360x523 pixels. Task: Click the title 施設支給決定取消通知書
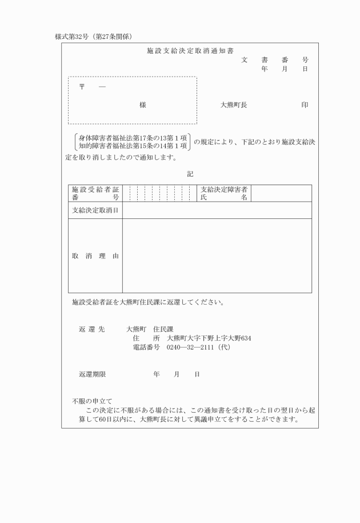pyautogui.click(x=190, y=51)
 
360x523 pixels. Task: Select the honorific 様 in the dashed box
pyautogui.click(x=143, y=105)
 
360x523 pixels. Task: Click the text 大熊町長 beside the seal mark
pyautogui.click(x=234, y=105)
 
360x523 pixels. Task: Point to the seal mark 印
pyautogui.click(x=305, y=105)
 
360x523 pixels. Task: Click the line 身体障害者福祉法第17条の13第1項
pyautogui.click(x=133, y=138)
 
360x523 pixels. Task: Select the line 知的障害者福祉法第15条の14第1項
pyautogui.click(x=133, y=146)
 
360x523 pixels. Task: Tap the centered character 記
pyautogui.click(x=190, y=174)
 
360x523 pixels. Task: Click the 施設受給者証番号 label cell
pyautogui.click(x=95, y=193)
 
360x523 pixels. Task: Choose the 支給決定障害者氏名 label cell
pyautogui.click(x=224, y=193)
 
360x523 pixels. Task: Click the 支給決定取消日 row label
pyautogui.click(x=95, y=210)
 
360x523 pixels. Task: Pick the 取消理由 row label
pyautogui.click(x=95, y=256)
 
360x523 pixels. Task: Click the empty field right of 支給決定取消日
pyautogui.click(x=217, y=210)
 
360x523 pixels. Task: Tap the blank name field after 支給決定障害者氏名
pyautogui.click(x=281, y=193)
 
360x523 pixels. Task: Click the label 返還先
pyautogui.click(x=91, y=329)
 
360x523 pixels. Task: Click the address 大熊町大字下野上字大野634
pyautogui.click(x=209, y=338)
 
